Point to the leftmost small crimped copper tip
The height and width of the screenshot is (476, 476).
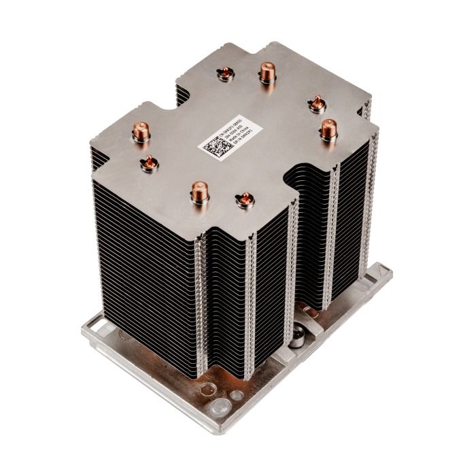click(148, 162)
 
